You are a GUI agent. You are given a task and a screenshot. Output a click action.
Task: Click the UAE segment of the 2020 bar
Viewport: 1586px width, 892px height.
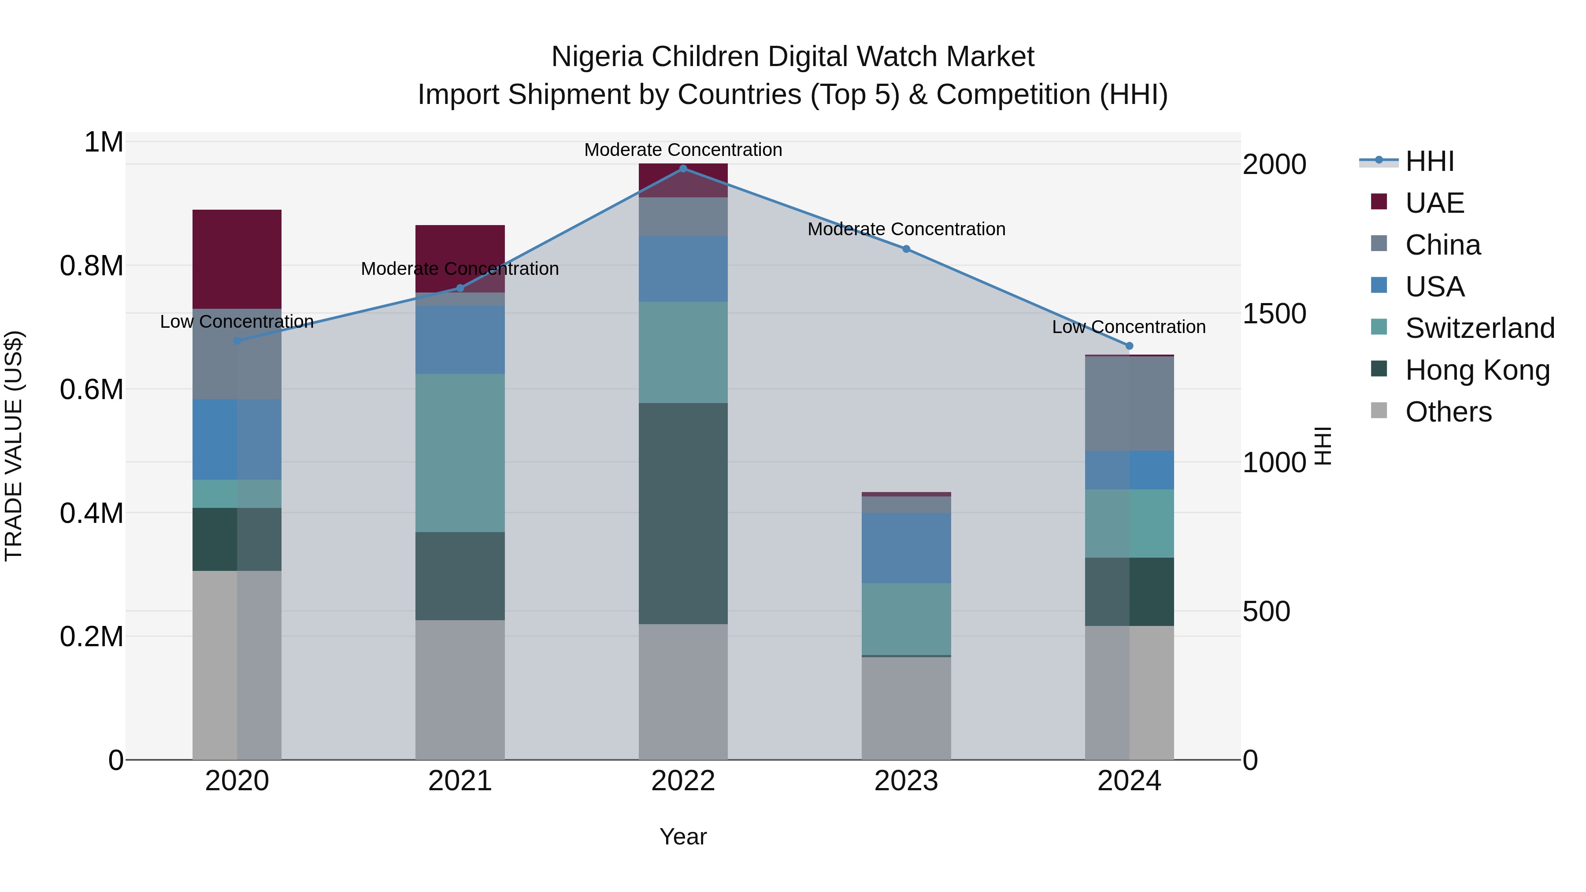[237, 259]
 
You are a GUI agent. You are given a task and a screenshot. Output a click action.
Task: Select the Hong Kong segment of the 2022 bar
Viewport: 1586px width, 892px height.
[683, 514]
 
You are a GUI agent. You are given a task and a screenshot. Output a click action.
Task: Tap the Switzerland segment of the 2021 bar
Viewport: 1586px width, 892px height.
[460, 452]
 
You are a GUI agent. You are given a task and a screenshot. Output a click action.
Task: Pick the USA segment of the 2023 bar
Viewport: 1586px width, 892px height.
[906, 548]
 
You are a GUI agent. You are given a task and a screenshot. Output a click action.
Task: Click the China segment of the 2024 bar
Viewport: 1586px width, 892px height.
[1129, 403]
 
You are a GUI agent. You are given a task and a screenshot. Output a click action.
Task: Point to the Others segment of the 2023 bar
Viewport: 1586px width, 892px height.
[906, 708]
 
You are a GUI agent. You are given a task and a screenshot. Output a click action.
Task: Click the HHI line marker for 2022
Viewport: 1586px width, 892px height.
[683, 169]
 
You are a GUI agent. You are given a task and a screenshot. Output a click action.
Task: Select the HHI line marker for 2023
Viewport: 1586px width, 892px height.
[906, 249]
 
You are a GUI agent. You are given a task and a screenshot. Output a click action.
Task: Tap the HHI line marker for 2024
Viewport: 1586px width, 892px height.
[1129, 346]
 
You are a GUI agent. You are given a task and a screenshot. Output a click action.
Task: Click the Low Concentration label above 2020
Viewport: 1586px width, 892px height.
[237, 322]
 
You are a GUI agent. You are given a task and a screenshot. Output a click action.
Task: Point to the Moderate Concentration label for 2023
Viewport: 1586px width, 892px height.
[906, 229]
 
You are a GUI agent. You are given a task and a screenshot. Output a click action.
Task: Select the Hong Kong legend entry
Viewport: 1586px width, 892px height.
[1477, 370]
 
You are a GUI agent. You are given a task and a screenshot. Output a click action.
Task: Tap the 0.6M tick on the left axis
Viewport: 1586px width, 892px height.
[91, 390]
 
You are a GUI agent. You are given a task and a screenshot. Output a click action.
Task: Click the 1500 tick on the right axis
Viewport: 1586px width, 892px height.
[1274, 313]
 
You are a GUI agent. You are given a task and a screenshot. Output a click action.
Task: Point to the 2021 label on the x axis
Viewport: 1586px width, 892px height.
[460, 781]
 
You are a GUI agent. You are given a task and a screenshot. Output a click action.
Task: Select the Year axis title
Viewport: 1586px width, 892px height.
[683, 836]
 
